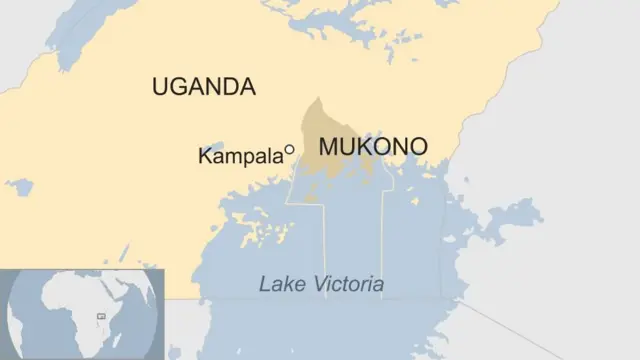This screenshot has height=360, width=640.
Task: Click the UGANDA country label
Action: click(204, 87)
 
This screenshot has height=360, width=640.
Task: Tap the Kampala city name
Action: click(240, 156)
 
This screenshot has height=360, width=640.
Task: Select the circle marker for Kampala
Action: click(289, 150)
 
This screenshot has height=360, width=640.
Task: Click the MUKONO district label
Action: click(373, 147)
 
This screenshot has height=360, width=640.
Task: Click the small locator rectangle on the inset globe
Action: click(100, 316)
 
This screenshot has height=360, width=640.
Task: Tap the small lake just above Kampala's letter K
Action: click(213, 148)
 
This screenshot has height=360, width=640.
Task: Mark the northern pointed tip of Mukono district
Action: click(318, 99)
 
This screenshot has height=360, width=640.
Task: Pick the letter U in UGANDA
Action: click(160, 87)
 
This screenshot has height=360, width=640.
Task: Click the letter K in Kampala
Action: click(205, 156)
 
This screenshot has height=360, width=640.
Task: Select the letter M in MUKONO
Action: click(327, 147)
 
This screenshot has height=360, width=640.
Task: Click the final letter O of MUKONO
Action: click(418, 147)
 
